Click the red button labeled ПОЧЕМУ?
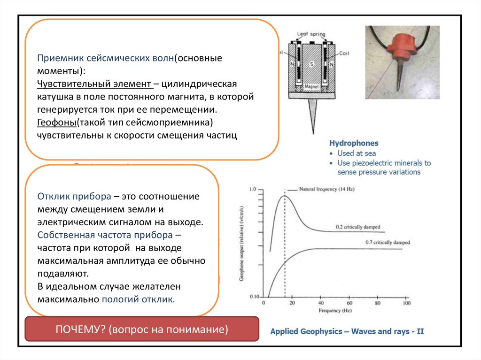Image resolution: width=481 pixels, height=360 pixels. pyautogui.click(x=141, y=329)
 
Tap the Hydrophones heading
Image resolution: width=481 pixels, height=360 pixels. pyautogui.click(x=354, y=143)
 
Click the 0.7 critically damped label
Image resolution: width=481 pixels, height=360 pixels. pyautogui.click(x=387, y=243)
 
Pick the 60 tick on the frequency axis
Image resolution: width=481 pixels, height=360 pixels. pyautogui.click(x=349, y=303)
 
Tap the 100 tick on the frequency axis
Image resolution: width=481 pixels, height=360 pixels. pyautogui.click(x=406, y=303)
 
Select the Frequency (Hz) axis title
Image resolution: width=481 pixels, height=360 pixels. pyautogui.click(x=335, y=311)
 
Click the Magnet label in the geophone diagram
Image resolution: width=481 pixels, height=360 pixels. pyautogui.click(x=312, y=87)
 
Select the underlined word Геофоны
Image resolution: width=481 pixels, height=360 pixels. pyautogui.click(x=57, y=123)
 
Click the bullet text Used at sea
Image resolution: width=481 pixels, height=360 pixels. pyautogui.click(x=357, y=153)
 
